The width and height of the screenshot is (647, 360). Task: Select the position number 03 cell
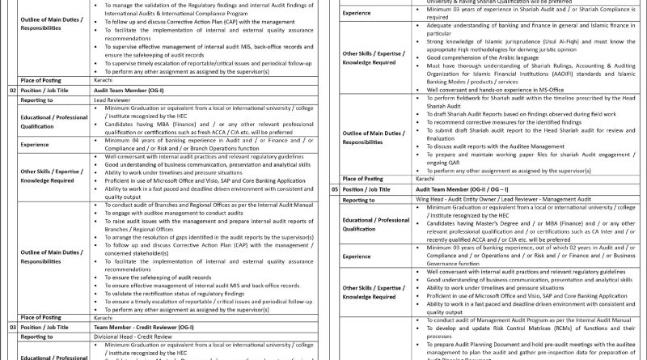click(x=12, y=326)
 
